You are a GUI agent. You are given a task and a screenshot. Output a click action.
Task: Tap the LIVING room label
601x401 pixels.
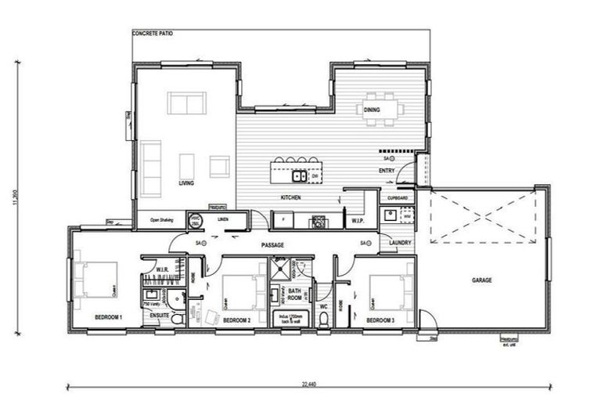pos(186,184)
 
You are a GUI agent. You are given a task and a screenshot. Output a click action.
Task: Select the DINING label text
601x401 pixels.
pos(372,110)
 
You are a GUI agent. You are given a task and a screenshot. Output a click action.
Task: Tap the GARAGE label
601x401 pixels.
pos(482,280)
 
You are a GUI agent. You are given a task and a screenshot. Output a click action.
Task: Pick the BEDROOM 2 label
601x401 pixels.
pos(236,320)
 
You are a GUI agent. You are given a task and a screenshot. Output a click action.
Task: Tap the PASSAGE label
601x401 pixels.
pos(272,245)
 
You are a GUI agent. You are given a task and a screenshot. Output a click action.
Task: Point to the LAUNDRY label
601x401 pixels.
pos(400,244)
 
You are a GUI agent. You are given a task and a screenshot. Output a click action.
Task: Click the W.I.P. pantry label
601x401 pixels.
pos(358,221)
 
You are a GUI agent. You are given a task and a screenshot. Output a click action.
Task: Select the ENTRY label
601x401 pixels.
pos(387,170)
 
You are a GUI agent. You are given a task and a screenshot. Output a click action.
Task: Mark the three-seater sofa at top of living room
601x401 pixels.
pos(187,103)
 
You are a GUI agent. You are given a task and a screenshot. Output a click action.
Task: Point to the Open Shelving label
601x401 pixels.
pos(161,221)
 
